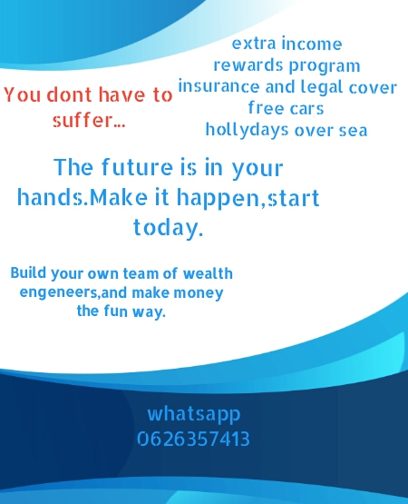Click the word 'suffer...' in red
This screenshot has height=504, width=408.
coord(89,121)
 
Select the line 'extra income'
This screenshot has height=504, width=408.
coord(287,44)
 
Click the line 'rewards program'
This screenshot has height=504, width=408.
coord(287,66)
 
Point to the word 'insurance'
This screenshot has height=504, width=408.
coord(219,87)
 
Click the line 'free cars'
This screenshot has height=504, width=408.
coord(286,108)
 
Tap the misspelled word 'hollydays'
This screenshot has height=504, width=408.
coord(248,130)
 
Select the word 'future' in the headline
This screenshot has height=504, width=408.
coord(138,167)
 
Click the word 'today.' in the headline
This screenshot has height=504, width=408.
coord(169,228)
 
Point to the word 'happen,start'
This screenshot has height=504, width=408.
coord(248,197)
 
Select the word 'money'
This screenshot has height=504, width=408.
coord(199,293)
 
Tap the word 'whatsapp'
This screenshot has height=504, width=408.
coord(194,414)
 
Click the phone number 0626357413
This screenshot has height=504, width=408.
coord(193,439)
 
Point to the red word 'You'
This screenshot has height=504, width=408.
coord(23,94)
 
